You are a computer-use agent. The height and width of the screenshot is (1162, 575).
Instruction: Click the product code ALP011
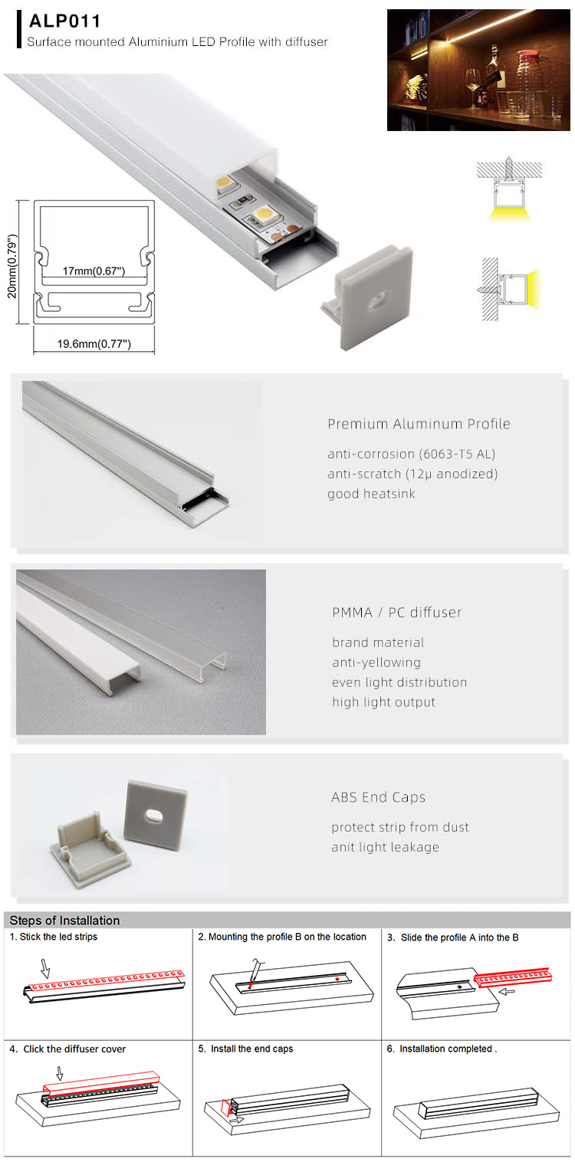click(x=65, y=22)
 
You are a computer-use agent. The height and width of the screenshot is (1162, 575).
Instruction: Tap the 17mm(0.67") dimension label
click(x=94, y=271)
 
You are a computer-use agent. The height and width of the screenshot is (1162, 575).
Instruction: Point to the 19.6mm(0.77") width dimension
click(x=94, y=344)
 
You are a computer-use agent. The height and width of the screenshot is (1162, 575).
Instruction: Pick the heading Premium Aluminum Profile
click(x=419, y=424)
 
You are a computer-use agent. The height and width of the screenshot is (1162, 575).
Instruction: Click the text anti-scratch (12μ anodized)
click(x=412, y=474)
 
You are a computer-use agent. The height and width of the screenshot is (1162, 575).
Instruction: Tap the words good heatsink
click(x=371, y=494)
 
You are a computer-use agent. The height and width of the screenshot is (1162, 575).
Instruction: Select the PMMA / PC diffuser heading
click(x=397, y=612)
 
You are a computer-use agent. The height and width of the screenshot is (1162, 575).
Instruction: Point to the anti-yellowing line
click(x=376, y=662)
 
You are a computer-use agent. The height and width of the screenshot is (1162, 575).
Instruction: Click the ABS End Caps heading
click(x=378, y=797)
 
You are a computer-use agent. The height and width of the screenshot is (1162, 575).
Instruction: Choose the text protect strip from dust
click(x=400, y=827)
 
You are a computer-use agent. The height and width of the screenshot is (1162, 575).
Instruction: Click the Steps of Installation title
click(x=64, y=921)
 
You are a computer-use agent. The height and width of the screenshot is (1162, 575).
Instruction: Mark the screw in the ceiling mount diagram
click(x=509, y=169)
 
